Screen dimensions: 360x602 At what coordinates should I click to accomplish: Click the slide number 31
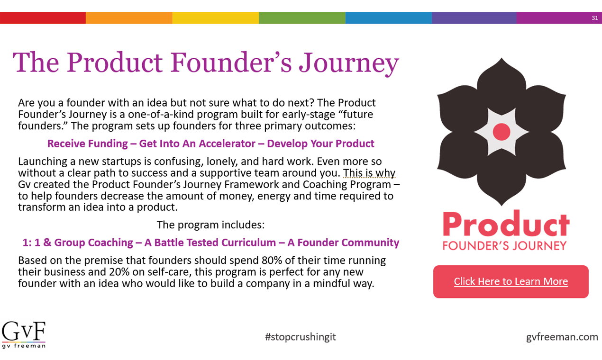coord(595,18)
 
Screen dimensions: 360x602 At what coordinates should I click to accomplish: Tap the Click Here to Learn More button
coord(511,281)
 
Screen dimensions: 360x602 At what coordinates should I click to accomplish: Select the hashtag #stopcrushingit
coord(301,337)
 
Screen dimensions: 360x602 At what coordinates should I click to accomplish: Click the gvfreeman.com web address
coord(562,337)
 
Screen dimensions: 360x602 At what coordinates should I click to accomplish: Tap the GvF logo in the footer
coord(24,334)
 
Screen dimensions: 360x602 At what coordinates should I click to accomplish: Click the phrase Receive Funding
coord(88,144)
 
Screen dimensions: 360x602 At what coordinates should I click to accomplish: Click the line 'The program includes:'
coord(210,225)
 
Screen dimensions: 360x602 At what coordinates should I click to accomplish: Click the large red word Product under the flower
coord(505,224)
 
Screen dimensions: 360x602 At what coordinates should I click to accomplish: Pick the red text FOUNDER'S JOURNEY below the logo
coord(504,245)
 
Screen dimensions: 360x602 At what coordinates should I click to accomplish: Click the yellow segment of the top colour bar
coord(215,18)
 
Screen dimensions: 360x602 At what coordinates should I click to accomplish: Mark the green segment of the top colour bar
coord(302,18)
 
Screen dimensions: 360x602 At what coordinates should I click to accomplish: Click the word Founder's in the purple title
coord(230,63)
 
